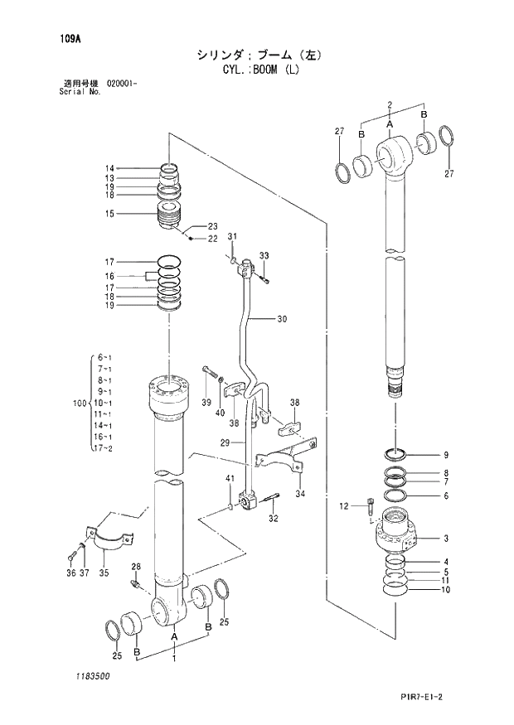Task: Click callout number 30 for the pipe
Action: tap(282, 319)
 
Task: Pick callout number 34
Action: tap(299, 494)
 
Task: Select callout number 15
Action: tap(109, 214)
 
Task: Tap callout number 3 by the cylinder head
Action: tap(445, 539)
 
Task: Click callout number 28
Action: tap(137, 568)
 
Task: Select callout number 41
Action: tap(230, 480)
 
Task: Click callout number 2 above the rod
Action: tap(389, 104)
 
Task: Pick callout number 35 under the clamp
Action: tap(104, 573)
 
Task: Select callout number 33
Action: tap(264, 255)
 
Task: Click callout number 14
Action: tap(109, 168)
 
